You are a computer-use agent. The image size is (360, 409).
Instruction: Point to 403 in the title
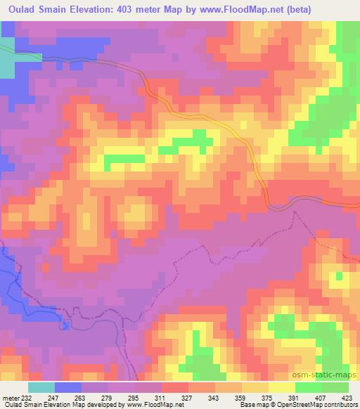pyautogui.click(x=141, y=9)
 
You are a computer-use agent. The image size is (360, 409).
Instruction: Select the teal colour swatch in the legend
pyautogui.click(x=41, y=387)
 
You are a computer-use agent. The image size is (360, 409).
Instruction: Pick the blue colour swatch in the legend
pyautogui.click(x=68, y=387)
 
